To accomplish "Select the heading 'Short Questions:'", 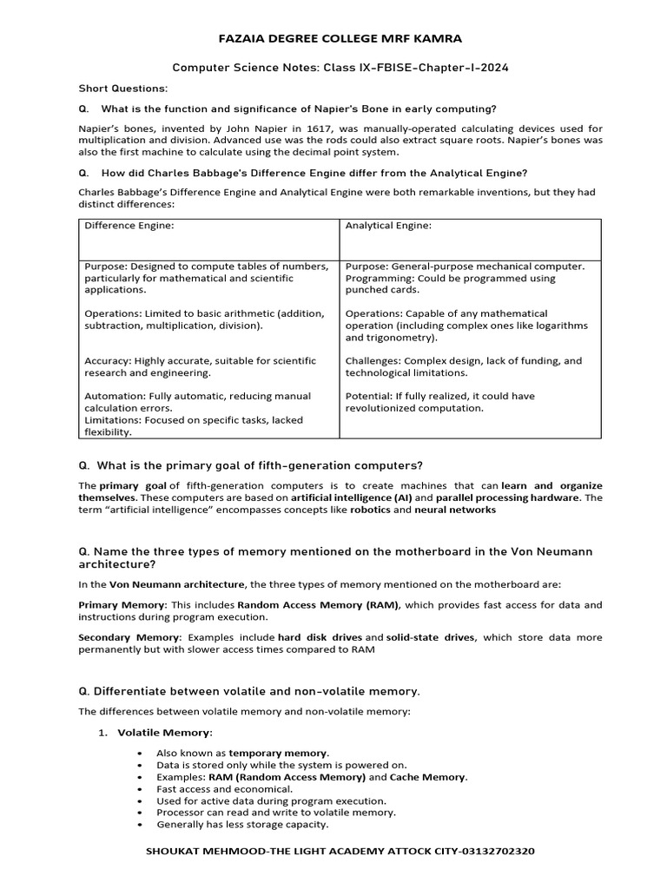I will click(x=122, y=89).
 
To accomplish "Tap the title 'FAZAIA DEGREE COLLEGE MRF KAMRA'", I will click(x=333, y=40).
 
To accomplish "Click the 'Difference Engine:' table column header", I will click(x=129, y=226).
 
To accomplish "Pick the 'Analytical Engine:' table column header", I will click(x=388, y=226).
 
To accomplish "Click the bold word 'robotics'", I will click(x=371, y=510).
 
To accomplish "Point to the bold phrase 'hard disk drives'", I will click(x=320, y=637).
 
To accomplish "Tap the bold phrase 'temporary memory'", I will click(x=278, y=753).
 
